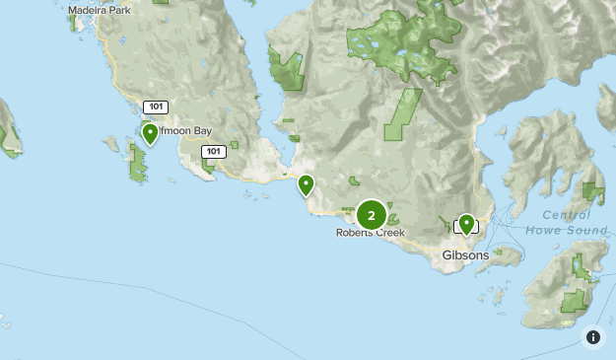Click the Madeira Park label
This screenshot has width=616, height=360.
pyautogui.click(x=101, y=12)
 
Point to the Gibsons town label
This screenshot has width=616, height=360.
pyautogui.click(x=465, y=254)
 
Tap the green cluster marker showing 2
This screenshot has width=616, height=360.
pyautogui.click(x=372, y=214)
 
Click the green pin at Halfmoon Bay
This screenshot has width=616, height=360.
pyautogui.click(x=150, y=132)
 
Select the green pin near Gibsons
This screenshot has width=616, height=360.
pyautogui.click(x=466, y=224)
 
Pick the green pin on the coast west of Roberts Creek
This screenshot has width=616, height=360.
pyautogui.click(x=307, y=183)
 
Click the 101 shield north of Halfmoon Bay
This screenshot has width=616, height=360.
pyautogui.click(x=155, y=107)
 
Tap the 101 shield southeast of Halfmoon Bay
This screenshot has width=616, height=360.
pyautogui.click(x=212, y=151)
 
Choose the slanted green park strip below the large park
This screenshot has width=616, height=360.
pyautogui.click(x=403, y=113)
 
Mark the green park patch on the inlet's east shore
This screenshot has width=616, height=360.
pyautogui.click(x=288, y=70)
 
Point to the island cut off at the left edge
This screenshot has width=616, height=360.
pyautogui.click(x=9, y=128)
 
